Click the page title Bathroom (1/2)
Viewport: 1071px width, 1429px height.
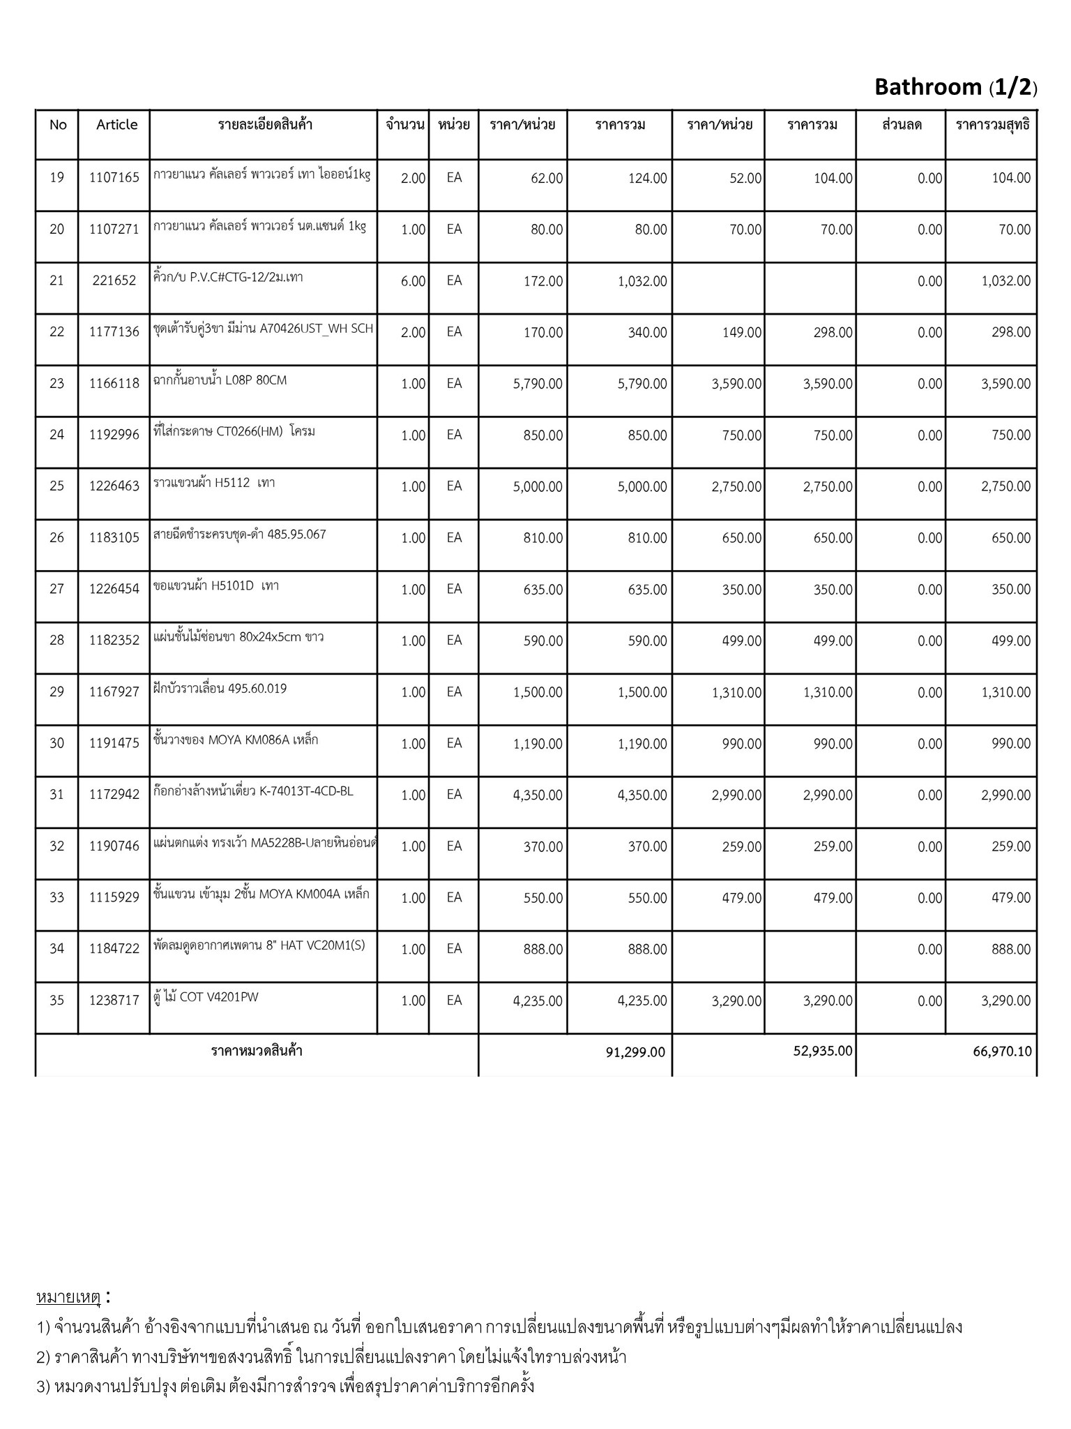click(x=955, y=87)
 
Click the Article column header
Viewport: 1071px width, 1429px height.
click(x=116, y=125)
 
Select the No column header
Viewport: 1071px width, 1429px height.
click(x=58, y=125)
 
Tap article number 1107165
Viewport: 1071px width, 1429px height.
click(x=114, y=178)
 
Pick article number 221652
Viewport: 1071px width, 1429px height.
click(x=114, y=281)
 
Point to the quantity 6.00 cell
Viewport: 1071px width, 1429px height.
click(x=413, y=281)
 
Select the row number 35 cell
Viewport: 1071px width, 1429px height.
click(x=56, y=1001)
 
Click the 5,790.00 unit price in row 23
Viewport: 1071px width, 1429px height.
click(x=538, y=384)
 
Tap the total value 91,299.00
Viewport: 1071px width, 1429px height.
click(x=636, y=1052)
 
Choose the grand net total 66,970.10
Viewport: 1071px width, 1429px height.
click(x=1002, y=1052)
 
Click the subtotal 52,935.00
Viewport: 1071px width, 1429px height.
click(x=823, y=1051)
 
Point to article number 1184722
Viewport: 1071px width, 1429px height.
click(x=114, y=949)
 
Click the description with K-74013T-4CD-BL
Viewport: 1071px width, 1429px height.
click(x=253, y=791)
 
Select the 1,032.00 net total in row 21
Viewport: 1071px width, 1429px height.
click(x=1005, y=281)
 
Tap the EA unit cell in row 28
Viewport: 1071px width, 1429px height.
click(x=454, y=641)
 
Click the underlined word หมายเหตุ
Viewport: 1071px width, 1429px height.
click(x=68, y=1298)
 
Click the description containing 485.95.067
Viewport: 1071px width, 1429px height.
click(x=239, y=534)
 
